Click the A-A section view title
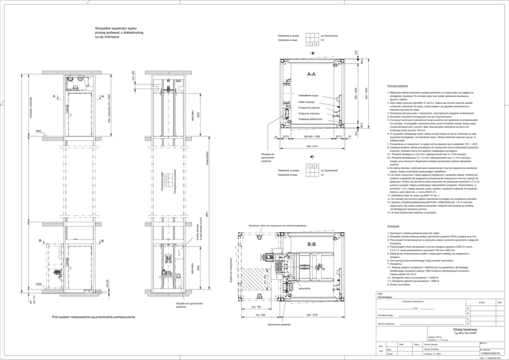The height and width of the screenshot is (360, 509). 311,75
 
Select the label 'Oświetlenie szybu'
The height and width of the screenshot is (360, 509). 308,96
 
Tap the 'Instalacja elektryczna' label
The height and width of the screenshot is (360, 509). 310,119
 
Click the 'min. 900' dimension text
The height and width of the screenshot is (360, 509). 259,314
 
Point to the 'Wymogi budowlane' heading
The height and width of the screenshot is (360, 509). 398,86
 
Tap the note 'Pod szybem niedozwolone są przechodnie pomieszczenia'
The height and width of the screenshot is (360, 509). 93,317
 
